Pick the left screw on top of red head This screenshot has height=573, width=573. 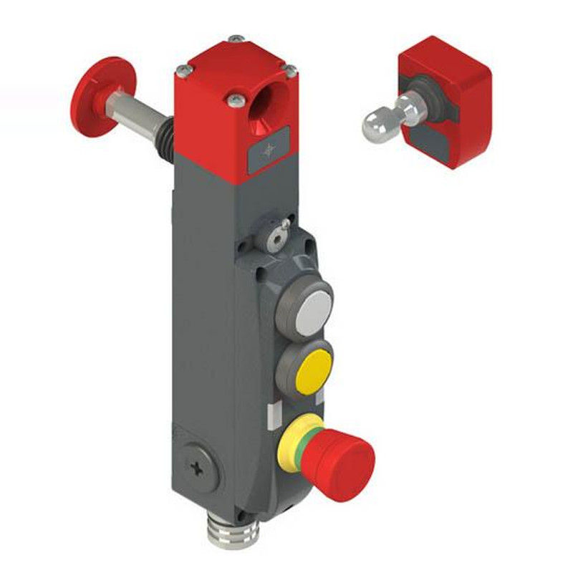click(x=184, y=69)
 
